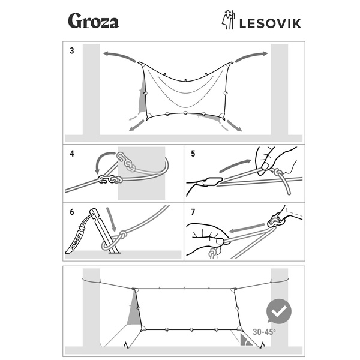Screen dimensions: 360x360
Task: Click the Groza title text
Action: tap(93, 22)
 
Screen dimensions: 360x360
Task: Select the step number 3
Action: tap(72, 51)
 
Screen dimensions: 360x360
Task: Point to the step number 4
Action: tap(72, 153)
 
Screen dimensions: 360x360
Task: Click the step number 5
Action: tap(193, 153)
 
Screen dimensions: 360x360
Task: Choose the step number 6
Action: tap(72, 212)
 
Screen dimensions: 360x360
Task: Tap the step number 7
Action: tap(193, 212)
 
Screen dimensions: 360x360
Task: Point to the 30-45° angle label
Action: tap(264, 332)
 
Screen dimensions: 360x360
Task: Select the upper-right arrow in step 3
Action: tap(250, 56)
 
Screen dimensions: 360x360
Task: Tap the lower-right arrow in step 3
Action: tap(235, 126)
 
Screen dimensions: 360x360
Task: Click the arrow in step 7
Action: tap(246, 229)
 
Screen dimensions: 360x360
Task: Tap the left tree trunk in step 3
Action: tap(91, 90)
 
